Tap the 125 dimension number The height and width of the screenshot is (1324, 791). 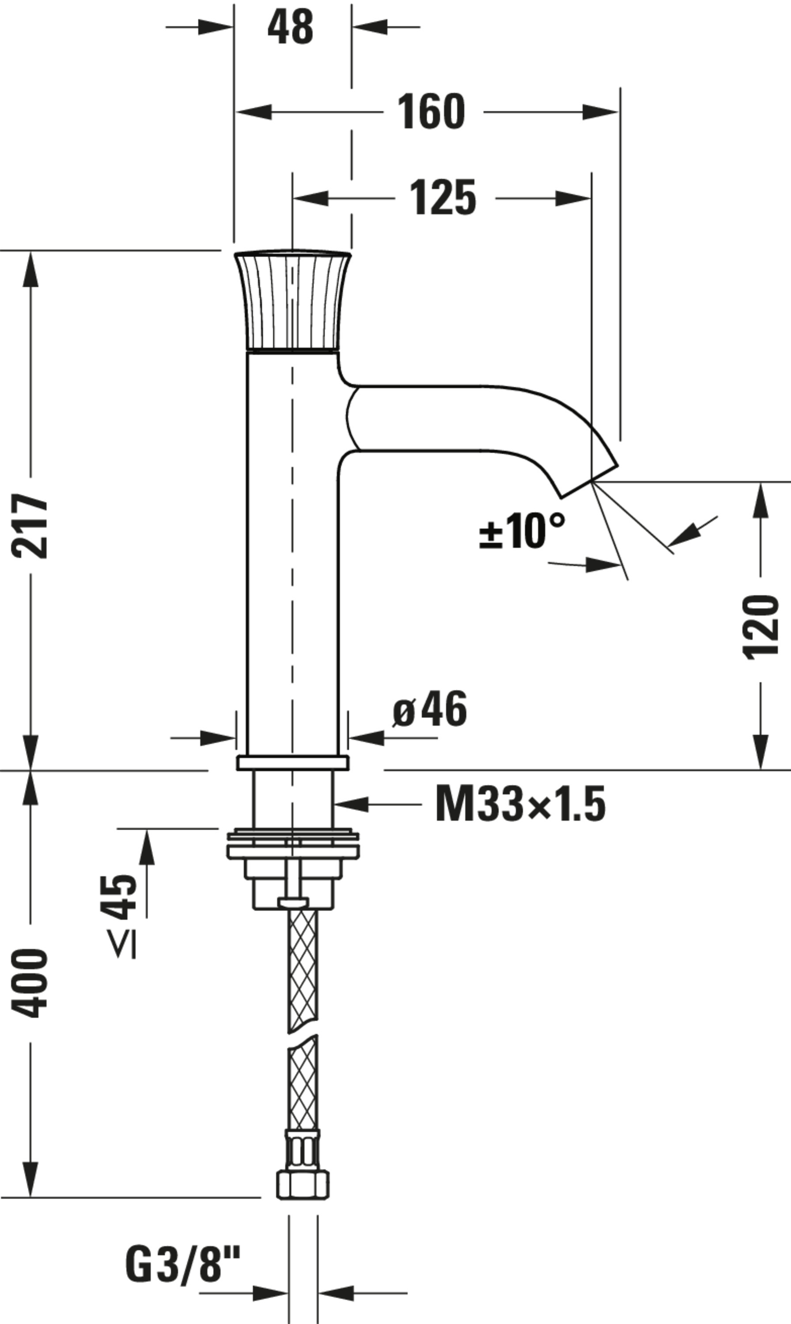point(443,198)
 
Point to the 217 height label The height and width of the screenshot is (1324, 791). point(30,526)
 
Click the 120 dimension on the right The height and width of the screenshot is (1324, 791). point(760,628)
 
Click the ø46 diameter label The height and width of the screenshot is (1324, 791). point(430,710)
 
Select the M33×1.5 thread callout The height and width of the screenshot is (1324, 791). point(520,804)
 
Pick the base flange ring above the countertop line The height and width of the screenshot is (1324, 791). point(293,763)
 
